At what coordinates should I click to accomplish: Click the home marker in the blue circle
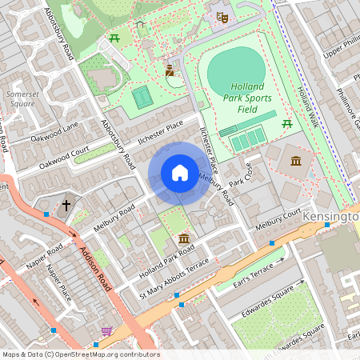pyautogui.click(x=180, y=173)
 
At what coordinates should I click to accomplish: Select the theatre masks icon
pyautogui.click(x=222, y=15)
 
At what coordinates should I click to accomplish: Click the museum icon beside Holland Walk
pyautogui.click(x=296, y=162)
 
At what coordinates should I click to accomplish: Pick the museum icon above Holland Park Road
pyautogui.click(x=184, y=239)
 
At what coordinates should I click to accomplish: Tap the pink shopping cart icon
pyautogui.click(x=106, y=330)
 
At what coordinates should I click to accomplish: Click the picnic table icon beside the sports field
pyautogui.click(x=287, y=123)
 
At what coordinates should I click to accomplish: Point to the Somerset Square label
pyautogui.click(x=21, y=99)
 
